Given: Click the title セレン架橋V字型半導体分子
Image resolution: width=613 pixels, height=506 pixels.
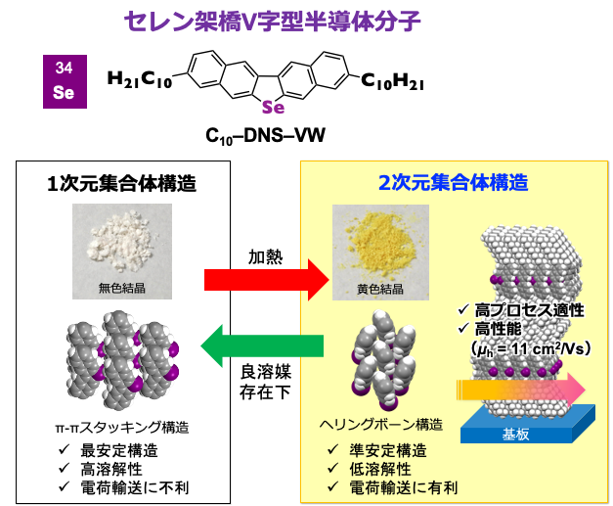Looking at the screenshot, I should (273, 22).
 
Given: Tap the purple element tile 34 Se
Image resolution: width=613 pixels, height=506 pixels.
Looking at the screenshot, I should (65, 81).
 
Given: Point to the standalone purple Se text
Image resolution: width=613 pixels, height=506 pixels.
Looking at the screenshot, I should (273, 108).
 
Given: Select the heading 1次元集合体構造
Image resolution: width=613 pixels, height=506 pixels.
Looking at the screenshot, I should (122, 183).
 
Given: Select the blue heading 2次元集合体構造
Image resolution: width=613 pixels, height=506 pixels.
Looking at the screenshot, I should (453, 182).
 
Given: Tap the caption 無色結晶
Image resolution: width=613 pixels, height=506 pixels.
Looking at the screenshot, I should (122, 288).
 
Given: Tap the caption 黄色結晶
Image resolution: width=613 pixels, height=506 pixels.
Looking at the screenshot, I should (381, 290).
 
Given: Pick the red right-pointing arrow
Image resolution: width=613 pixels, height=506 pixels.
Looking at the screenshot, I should (265, 280).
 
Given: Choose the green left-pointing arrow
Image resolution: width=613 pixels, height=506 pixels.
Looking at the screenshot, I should (262, 346).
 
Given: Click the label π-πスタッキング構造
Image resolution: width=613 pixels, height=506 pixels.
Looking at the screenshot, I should (122, 427).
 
